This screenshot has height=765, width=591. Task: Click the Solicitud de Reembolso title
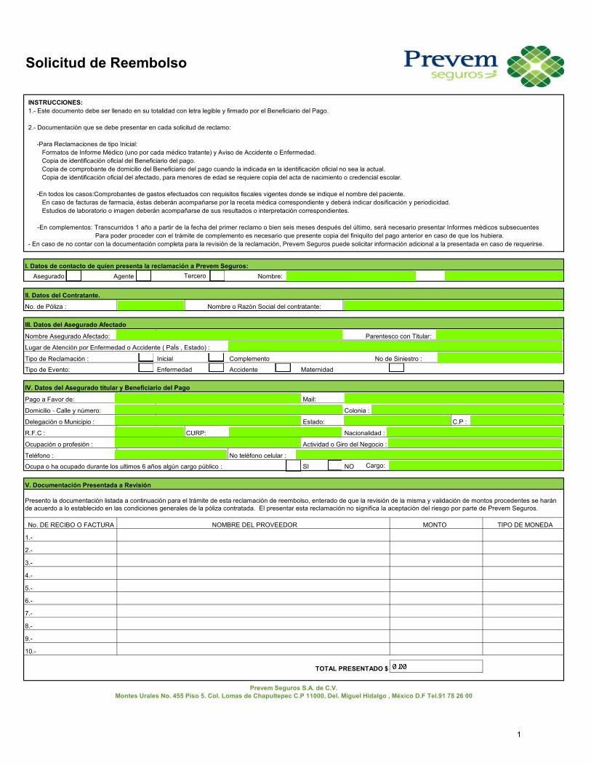pyautogui.click(x=106, y=62)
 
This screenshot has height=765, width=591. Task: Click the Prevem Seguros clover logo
pyautogui.click(x=534, y=65)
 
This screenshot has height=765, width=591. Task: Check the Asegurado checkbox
pyautogui.click(x=73, y=275)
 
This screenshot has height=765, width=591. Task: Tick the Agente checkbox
pyautogui.click(x=143, y=275)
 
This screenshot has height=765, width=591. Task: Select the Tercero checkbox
pyautogui.click(x=217, y=275)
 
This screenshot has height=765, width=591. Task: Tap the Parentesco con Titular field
pyautogui.click(x=499, y=335)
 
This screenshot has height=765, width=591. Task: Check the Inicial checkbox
pyautogui.click(x=146, y=357)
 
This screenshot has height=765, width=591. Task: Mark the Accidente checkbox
pyautogui.click(x=216, y=368)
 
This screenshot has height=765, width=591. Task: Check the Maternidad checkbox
pyautogui.click(x=284, y=368)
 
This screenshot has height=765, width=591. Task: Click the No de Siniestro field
pyautogui.click(x=500, y=357)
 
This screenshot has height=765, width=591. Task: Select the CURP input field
pyautogui.click(x=264, y=432)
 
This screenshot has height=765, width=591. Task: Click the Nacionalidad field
pyautogui.click(x=475, y=432)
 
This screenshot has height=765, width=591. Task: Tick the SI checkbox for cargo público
pyautogui.click(x=292, y=466)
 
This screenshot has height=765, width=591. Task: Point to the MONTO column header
pyautogui.click(x=435, y=525)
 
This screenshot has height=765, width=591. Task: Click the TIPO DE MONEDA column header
pyautogui.click(x=525, y=525)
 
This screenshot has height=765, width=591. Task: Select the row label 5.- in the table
pyautogui.click(x=28, y=588)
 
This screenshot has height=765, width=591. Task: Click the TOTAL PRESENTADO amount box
pyautogui.click(x=435, y=666)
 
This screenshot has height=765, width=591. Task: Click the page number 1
pyautogui.click(x=519, y=736)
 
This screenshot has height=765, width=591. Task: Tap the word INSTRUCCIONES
pyautogui.click(x=55, y=102)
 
